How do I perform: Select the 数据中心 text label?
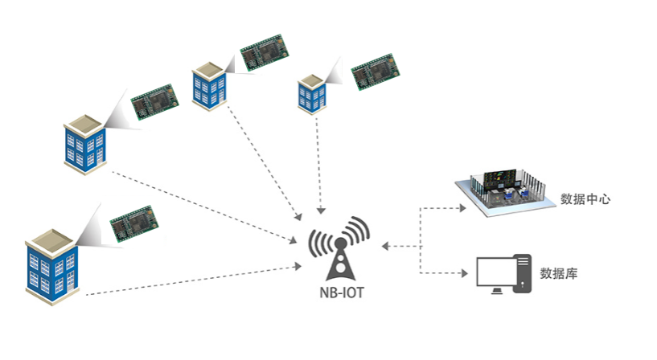click(x=584, y=198)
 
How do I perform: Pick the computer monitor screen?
click(x=495, y=272)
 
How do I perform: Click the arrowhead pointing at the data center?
click(x=462, y=208)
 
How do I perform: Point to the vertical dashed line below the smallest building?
click(x=322, y=161)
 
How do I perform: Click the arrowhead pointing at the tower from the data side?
click(x=387, y=245)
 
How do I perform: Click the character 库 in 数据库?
click(x=571, y=274)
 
